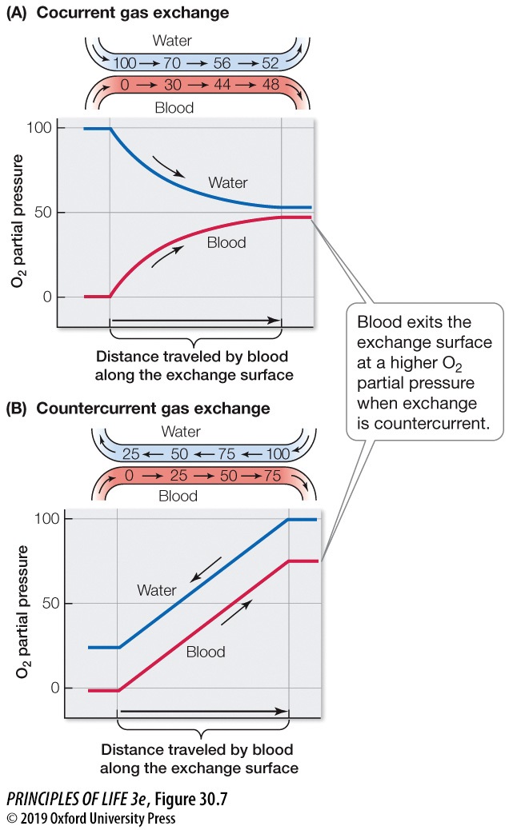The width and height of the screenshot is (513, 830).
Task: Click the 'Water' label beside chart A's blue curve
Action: pyautogui.click(x=228, y=182)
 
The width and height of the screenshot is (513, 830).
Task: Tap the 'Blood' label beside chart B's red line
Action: pyautogui.click(x=206, y=652)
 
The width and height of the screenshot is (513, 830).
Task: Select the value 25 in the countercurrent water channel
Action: pyautogui.click(x=131, y=454)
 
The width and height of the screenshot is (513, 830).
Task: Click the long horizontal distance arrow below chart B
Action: pyautogui.click(x=203, y=710)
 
